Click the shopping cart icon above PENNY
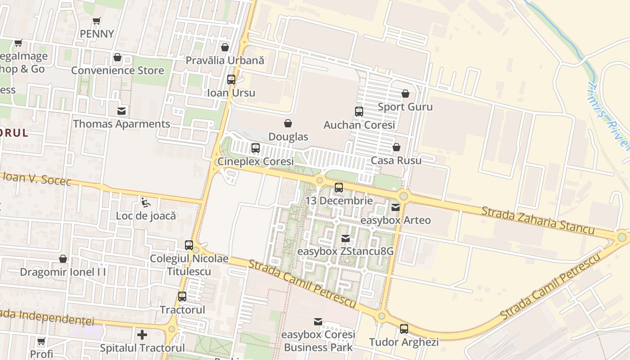click(x=96, y=21)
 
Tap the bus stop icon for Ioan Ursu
click(x=231, y=80)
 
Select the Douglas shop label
click(x=288, y=137)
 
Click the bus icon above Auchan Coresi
click(x=359, y=112)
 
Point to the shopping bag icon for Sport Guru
click(x=405, y=94)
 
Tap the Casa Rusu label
click(x=396, y=161)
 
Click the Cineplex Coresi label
click(x=255, y=161)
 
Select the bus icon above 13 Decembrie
click(x=339, y=188)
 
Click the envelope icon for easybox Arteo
click(x=395, y=207)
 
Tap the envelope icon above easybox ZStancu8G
click(x=345, y=238)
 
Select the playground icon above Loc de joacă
click(x=145, y=202)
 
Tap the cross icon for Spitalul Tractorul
click(x=142, y=335)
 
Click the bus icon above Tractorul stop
click(x=182, y=297)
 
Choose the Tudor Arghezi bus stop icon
click(x=404, y=329)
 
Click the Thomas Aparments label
click(x=121, y=124)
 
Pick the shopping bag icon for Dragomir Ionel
click(x=63, y=259)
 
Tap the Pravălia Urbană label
click(x=225, y=60)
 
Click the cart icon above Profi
click(x=41, y=342)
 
